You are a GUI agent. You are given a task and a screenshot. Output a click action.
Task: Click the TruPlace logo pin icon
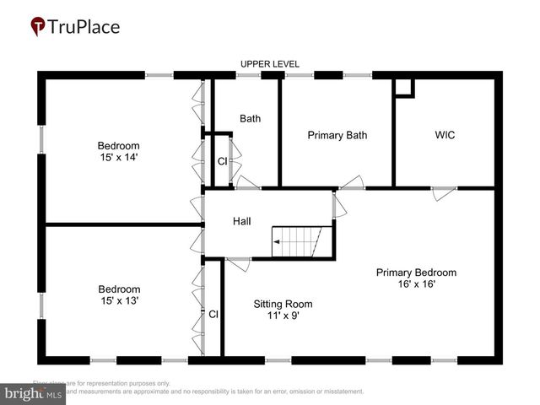39,27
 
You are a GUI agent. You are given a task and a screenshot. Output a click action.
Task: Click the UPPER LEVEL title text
270,64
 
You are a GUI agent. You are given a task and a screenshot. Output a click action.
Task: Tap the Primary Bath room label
337,135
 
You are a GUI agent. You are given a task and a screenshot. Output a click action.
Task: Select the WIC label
445,135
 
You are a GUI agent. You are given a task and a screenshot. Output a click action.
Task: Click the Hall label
242,221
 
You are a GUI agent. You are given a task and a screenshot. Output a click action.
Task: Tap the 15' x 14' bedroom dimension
118,157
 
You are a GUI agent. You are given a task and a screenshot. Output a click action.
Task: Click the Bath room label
250,118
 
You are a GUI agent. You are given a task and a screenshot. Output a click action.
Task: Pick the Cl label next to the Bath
222,160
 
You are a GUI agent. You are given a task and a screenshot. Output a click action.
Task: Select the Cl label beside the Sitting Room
213,314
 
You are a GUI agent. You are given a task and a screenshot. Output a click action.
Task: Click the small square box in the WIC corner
404,87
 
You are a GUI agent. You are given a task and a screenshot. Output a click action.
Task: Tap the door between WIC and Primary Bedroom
445,193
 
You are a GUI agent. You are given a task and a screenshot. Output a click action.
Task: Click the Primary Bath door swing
352,181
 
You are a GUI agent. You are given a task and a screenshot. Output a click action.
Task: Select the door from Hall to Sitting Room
238,263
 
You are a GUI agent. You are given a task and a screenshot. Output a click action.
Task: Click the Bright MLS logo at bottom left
34,392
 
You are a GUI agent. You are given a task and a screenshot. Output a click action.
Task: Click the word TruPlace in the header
85,27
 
